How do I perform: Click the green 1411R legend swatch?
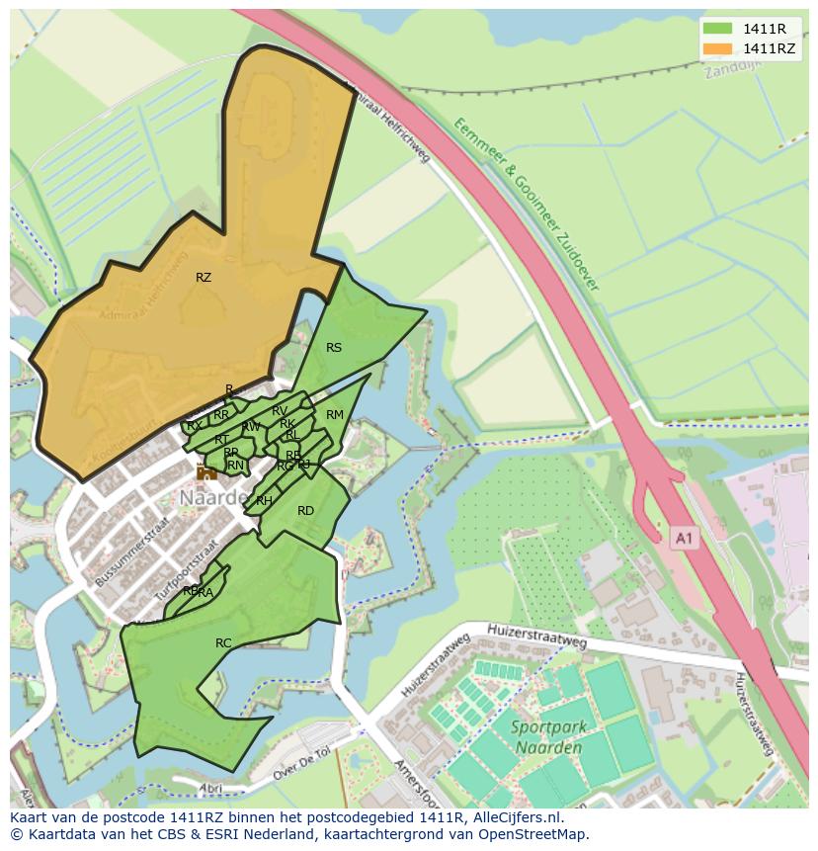coord(717,29)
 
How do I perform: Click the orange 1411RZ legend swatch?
coord(717,48)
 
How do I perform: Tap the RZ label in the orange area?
coord(204,278)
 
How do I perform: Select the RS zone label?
coord(334,347)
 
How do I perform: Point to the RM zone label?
coord(335,415)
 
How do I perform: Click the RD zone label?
coord(305,511)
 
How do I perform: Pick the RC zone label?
coord(223,643)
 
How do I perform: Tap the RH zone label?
coord(264,501)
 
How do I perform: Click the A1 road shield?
coord(684,538)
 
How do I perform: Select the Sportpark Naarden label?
coord(549,736)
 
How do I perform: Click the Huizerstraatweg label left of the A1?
coord(537,638)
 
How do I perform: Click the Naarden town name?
coord(213,498)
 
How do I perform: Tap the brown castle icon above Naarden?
coord(206,472)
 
